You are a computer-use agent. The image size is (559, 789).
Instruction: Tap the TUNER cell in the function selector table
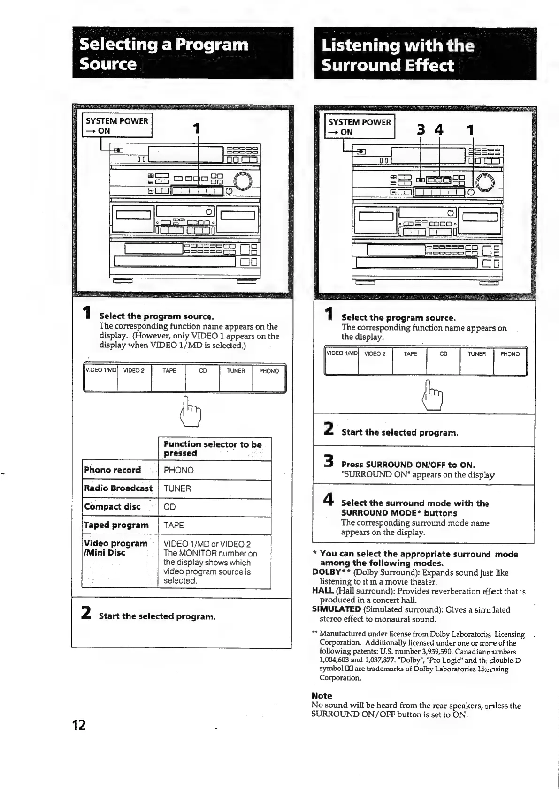pos(177,488)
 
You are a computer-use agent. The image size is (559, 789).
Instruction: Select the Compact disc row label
pos(112,507)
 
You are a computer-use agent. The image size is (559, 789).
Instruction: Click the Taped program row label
pos(116,525)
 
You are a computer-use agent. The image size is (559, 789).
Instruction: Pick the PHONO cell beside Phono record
pos(179,470)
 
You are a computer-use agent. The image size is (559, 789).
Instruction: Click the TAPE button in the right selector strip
pos(410,360)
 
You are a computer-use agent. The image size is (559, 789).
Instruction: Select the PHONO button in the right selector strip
pos(510,360)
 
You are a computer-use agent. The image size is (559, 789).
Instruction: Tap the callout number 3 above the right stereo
pos(421,130)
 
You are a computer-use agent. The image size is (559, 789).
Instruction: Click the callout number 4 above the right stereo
pos(439,130)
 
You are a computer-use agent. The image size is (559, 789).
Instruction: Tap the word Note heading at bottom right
pos(322,696)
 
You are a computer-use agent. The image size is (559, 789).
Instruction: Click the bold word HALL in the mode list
pos(322,591)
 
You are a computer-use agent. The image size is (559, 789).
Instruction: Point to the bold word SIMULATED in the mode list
pos(336,609)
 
